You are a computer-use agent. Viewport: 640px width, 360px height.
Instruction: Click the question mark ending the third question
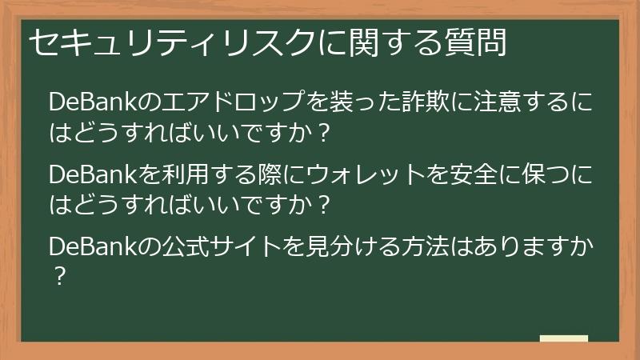(58, 276)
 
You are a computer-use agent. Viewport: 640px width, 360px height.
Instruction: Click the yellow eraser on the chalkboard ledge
(563, 338)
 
